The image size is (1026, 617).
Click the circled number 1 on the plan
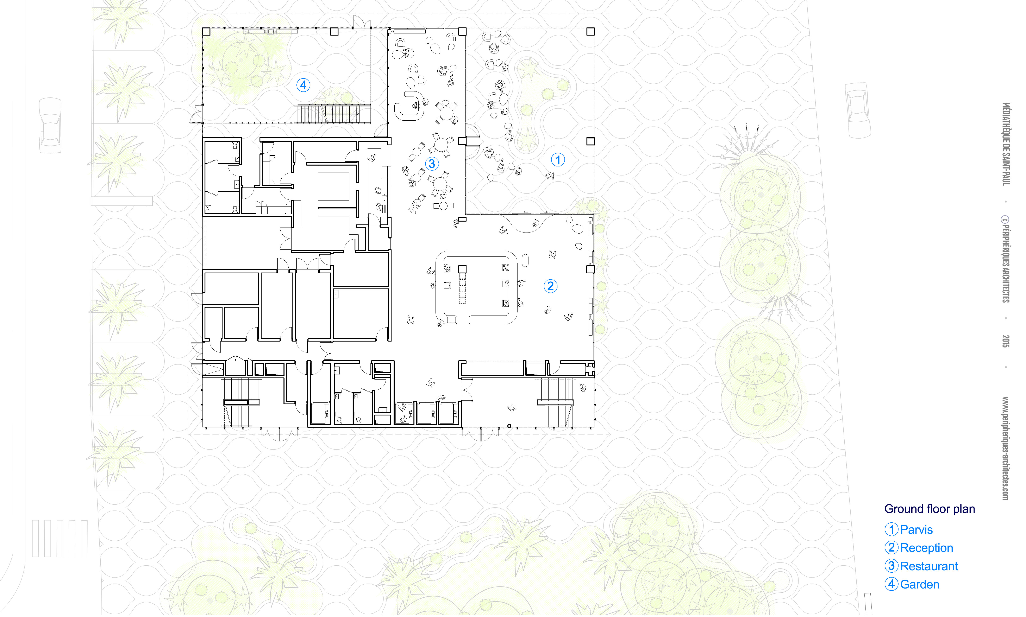[x=558, y=160]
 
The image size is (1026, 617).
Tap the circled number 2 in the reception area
[x=550, y=286]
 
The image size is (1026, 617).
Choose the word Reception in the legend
[x=927, y=548]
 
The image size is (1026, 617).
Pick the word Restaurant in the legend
[x=929, y=566]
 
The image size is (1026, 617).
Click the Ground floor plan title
[x=930, y=509]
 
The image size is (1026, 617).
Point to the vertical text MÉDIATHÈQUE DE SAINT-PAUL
[x=1005, y=144]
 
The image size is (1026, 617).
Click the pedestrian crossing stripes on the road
[x=60, y=538]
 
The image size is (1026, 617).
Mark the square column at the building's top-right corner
[x=590, y=32]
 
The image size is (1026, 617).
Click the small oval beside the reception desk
[x=525, y=261]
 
